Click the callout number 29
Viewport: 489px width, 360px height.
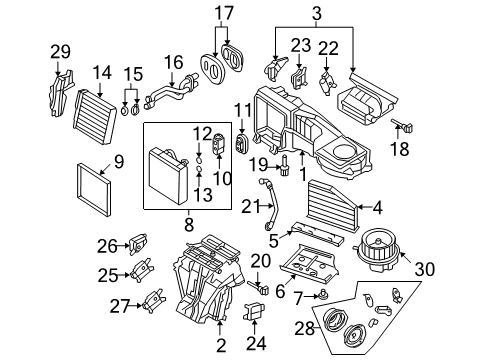pyautogui.click(x=60, y=52)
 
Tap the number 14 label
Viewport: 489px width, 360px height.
pyautogui.click(x=102, y=73)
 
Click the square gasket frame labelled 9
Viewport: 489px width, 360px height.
pyautogui.click(x=94, y=189)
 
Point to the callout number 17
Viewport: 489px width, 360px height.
pyautogui.click(x=224, y=13)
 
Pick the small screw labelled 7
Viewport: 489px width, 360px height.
pyautogui.click(x=323, y=295)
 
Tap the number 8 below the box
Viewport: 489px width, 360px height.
pyautogui.click(x=189, y=224)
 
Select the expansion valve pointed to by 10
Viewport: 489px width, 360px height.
pyautogui.click(x=218, y=143)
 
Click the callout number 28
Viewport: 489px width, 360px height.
pyautogui.click(x=305, y=328)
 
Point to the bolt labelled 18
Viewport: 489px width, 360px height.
pyautogui.click(x=402, y=126)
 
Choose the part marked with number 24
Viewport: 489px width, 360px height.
pyautogui.click(x=254, y=311)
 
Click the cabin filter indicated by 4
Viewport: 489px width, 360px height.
pyautogui.click(x=333, y=205)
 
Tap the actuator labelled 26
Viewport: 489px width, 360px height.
pyautogui.click(x=138, y=244)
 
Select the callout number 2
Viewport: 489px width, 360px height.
pyautogui.click(x=221, y=345)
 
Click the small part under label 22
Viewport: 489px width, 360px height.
pyautogui.click(x=328, y=83)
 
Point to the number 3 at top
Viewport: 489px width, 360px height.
pyautogui.click(x=317, y=13)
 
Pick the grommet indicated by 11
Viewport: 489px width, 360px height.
pyautogui.click(x=242, y=143)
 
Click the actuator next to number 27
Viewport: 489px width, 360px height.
pyautogui.click(x=153, y=301)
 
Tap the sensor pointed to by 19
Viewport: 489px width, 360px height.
pyautogui.click(x=285, y=165)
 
